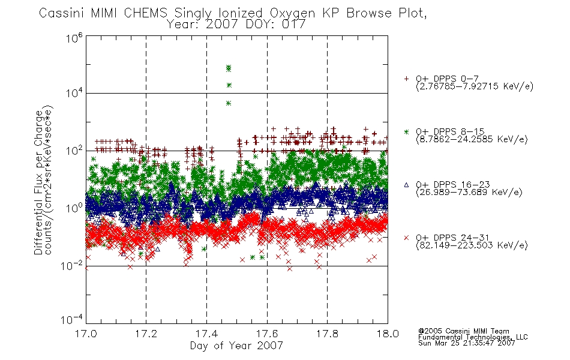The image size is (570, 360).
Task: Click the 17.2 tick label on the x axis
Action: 146,334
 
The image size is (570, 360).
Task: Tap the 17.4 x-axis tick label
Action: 207,334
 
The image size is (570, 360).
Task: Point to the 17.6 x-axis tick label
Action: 267,334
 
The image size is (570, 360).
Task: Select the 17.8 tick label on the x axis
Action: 327,334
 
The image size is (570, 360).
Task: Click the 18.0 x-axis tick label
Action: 388,334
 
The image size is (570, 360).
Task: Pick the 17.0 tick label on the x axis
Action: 86,334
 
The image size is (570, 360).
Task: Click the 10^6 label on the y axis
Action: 74,38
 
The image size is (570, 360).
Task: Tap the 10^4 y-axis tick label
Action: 74,93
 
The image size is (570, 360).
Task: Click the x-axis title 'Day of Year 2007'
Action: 236,346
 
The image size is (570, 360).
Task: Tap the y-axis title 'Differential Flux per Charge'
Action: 38,182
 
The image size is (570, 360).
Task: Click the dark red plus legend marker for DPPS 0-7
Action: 406,79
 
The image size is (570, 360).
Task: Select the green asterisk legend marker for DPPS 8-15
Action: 406,131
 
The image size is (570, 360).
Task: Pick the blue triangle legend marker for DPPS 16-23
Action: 406,185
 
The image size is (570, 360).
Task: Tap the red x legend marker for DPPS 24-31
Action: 406,238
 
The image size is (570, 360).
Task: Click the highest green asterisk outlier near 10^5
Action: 228,67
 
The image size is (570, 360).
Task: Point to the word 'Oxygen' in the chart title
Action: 293,13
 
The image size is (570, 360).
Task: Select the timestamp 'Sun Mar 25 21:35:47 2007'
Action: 466,343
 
